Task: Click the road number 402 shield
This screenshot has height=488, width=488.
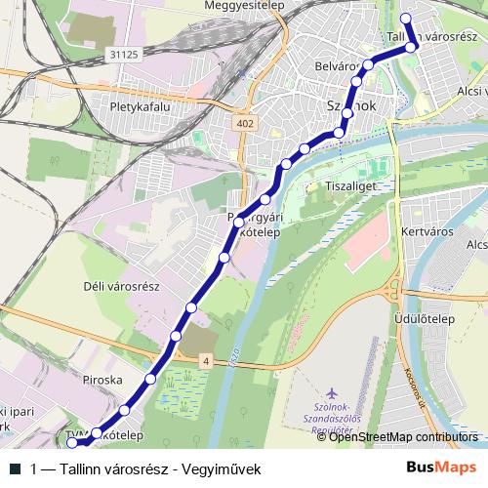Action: tap(244, 123)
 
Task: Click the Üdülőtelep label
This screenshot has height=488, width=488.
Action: tap(428, 317)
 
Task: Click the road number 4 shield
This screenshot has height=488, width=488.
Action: tap(206, 361)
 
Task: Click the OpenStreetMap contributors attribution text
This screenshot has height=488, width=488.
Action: tap(404, 437)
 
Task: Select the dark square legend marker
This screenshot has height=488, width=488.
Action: tap(15, 468)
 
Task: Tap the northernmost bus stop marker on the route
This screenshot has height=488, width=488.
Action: tap(406, 17)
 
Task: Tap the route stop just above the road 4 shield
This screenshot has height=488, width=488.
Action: tap(176, 336)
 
